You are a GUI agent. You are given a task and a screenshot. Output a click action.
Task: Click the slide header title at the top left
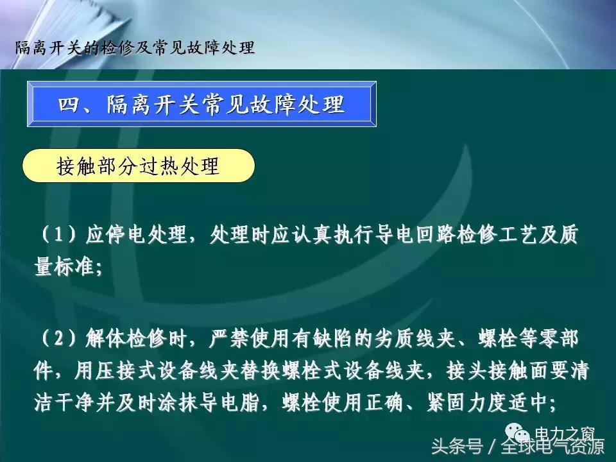(135, 48)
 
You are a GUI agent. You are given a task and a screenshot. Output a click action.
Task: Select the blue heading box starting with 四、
(201, 104)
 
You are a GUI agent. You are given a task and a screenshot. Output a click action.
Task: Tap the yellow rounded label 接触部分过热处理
(139, 167)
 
